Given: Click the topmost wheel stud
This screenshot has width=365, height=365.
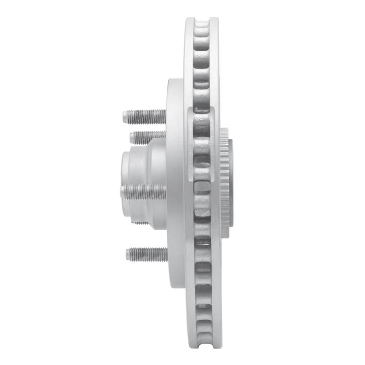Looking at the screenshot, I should coord(144,116).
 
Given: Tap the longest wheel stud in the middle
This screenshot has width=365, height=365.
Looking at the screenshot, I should coord(143,192).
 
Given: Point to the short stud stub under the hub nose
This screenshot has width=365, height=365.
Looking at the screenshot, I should coord(141,223).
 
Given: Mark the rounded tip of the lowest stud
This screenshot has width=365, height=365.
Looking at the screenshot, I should coord(128,254).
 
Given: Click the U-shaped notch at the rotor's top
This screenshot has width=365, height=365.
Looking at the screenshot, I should coord(201,21).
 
